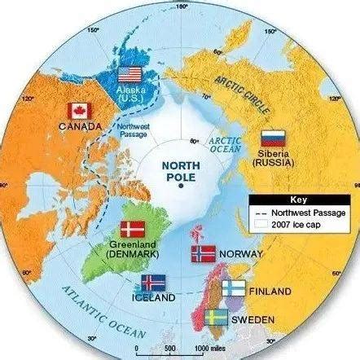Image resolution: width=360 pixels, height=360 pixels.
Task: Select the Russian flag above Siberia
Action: [271, 139]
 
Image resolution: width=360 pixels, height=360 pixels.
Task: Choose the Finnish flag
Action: [234, 289]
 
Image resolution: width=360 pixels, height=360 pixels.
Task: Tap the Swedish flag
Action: [216, 316]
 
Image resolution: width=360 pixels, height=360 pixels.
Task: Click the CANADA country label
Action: [81, 126]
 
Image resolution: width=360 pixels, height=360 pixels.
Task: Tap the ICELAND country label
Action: [153, 299]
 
